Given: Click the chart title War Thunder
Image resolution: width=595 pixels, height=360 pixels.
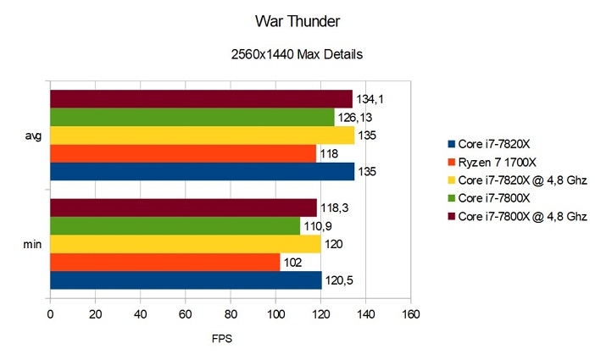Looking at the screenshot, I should pos(297,19).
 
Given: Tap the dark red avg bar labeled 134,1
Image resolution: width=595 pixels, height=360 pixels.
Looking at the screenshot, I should pos(201,98).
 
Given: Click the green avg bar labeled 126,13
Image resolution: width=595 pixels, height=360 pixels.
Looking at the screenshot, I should pos(192,117).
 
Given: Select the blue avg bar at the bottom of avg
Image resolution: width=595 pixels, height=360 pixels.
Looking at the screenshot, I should pos(202,172).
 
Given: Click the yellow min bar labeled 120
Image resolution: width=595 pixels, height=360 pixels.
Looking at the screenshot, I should pos(185,244).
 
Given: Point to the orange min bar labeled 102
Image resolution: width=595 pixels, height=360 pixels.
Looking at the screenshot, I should pos(164,263).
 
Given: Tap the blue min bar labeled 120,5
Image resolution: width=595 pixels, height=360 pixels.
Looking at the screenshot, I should pos(186,281).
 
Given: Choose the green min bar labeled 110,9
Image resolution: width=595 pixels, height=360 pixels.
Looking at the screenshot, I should pos(175,226).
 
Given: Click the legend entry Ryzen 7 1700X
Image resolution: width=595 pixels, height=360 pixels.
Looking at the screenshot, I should pos(498,162).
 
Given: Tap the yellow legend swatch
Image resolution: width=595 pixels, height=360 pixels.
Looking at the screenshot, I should pos(450,180).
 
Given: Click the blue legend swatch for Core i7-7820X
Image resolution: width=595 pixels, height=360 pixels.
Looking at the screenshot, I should pos(450,143).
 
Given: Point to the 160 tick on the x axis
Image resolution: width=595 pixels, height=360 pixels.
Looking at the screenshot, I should pos(410,315).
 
